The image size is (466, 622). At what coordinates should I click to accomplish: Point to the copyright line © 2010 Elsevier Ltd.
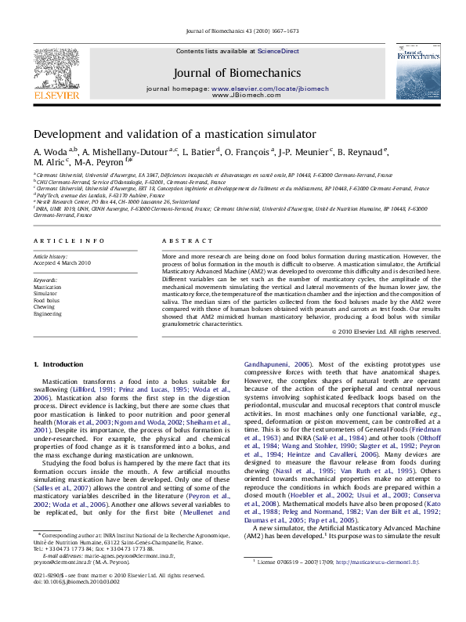[386, 331]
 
